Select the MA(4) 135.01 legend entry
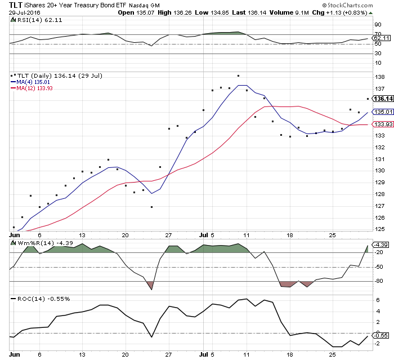(x=32, y=81)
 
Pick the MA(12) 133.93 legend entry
(x=33, y=87)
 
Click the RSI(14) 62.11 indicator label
(x=30, y=19)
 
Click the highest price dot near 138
(x=239, y=75)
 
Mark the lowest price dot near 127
(x=151, y=207)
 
